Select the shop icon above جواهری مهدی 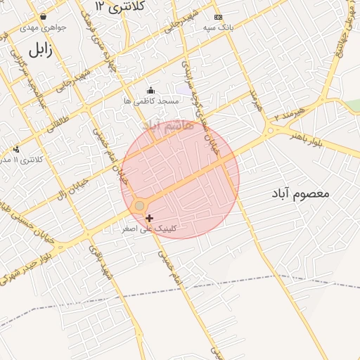[x=44, y=15]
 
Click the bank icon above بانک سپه [x=218, y=16]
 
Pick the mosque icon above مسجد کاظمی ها [x=150, y=90]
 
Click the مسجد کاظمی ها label [x=151, y=101]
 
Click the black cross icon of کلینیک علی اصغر [x=149, y=219]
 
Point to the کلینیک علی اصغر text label [x=149, y=229]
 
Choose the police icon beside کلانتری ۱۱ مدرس [x=16, y=149]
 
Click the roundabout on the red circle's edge [x=139, y=205]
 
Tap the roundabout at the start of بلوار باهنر [x=269, y=130]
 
